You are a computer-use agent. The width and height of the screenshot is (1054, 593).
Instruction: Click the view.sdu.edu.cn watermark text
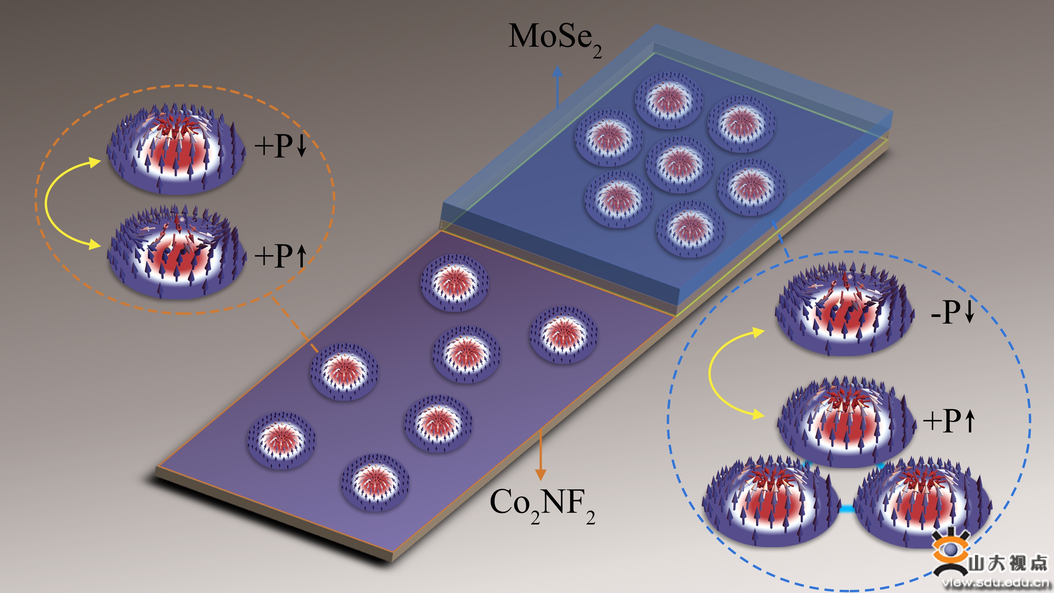998,583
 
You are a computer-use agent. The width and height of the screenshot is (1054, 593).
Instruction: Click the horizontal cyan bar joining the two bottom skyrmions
846,509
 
